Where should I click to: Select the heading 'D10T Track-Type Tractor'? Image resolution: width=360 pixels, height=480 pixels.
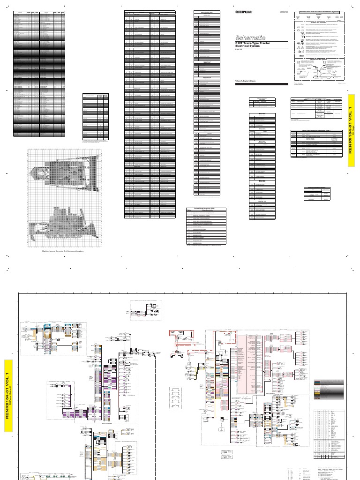click(255, 43)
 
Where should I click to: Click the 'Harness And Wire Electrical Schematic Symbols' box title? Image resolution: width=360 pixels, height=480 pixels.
click(320, 12)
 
